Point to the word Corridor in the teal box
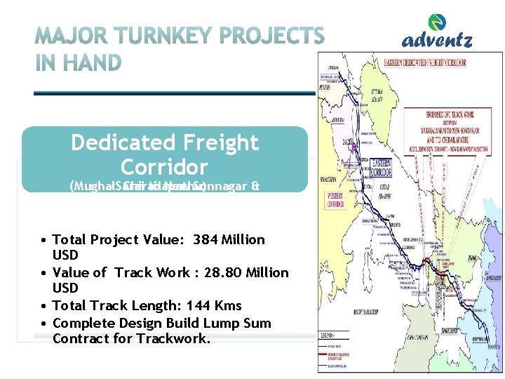[x=164, y=167]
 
